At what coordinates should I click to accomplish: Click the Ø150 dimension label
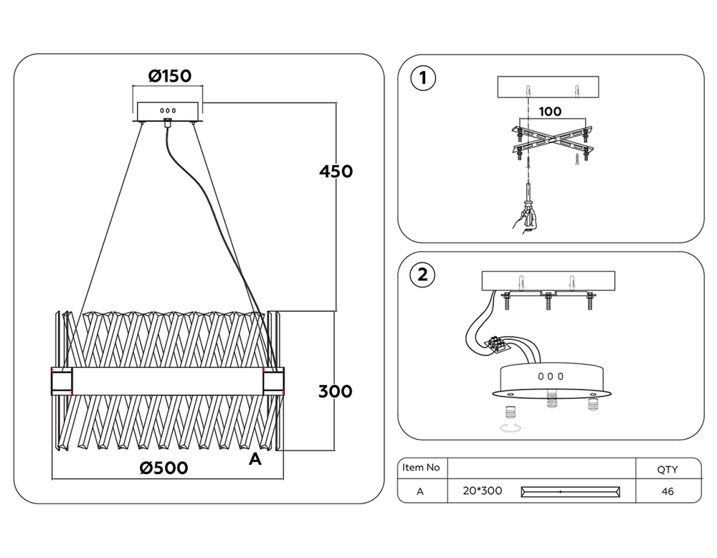[170, 75]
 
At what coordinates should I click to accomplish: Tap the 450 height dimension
[336, 171]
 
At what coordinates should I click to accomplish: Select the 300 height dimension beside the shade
[336, 391]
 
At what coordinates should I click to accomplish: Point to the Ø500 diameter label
[164, 468]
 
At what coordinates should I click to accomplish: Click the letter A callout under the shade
[255, 460]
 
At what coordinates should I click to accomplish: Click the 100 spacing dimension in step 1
[550, 112]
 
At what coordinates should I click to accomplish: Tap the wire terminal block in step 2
[500, 344]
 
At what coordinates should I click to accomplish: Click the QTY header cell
[667, 470]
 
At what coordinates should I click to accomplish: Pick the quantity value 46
[667, 491]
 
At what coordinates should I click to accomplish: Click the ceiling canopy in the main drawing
[168, 112]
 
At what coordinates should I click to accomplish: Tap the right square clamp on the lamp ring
[274, 380]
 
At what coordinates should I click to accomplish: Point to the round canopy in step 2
[550, 379]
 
